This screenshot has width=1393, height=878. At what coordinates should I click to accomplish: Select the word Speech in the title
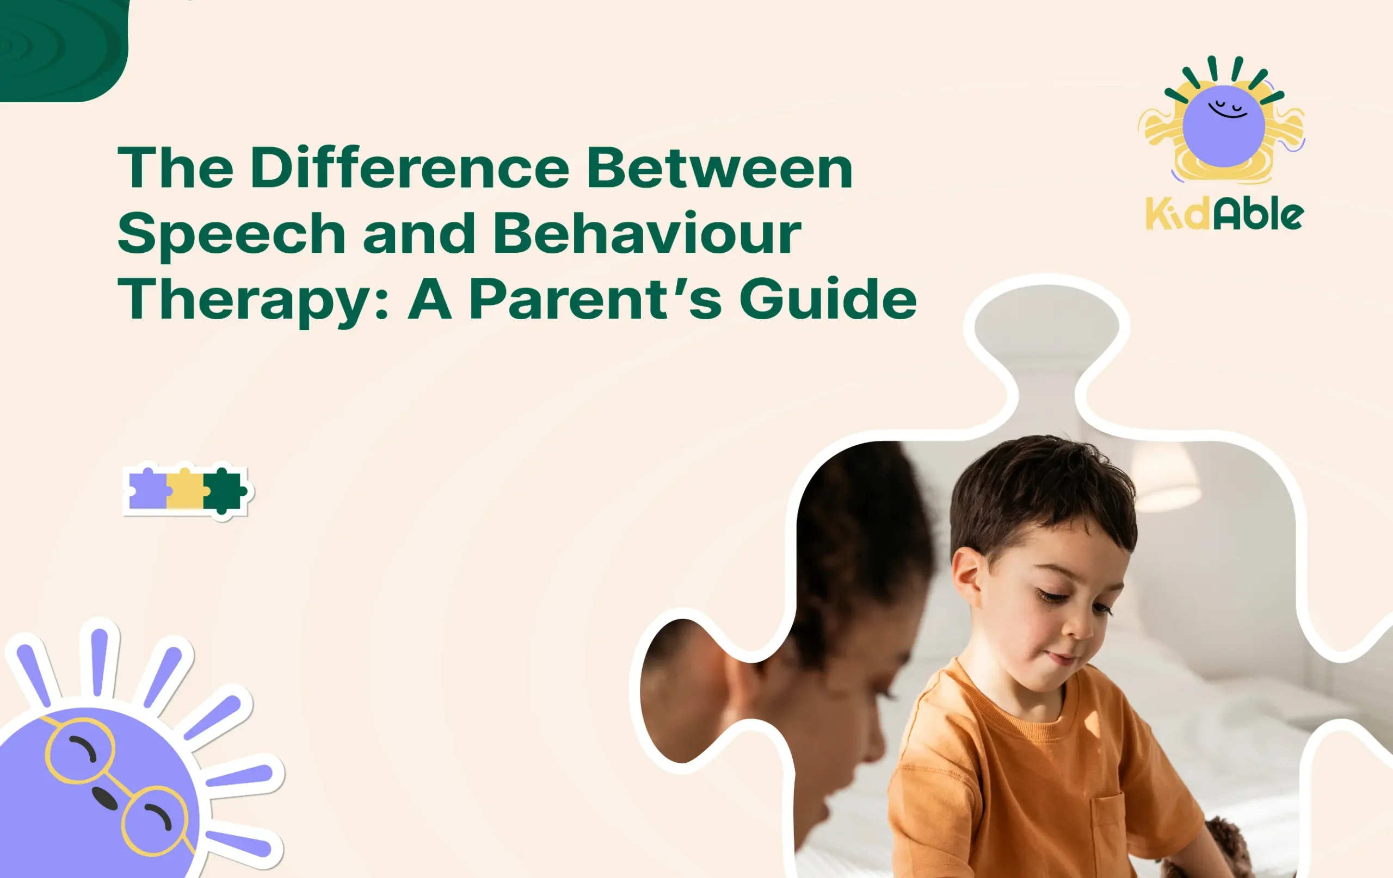tap(231, 234)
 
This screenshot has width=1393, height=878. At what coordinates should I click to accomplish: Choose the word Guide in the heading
tap(828, 299)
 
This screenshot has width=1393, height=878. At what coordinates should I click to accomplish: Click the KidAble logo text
tap(1224, 215)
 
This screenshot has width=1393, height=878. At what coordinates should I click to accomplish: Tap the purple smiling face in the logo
tap(1224, 126)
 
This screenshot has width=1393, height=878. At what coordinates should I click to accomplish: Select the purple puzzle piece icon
tap(147, 490)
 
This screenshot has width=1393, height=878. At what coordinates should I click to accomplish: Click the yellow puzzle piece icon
tap(185, 490)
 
